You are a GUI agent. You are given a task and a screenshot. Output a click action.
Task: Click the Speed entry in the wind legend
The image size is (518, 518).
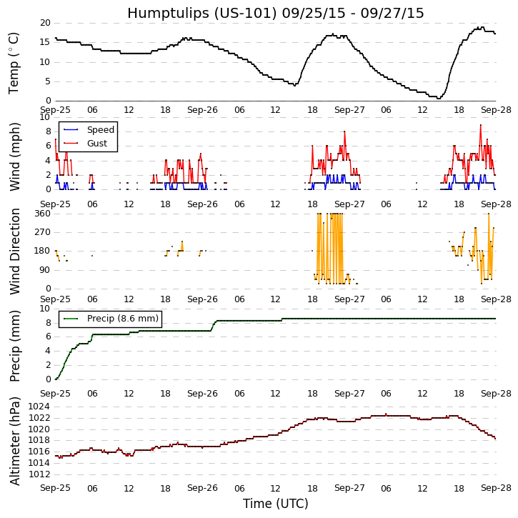[100, 130]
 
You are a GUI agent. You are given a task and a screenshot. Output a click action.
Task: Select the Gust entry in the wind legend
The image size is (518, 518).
[97, 144]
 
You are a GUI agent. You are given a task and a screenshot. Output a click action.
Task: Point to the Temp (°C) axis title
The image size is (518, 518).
[14, 62]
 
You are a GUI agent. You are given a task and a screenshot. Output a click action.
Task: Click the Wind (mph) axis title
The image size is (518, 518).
[14, 156]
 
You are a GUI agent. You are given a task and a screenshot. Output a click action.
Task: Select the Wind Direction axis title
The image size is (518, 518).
[14, 251]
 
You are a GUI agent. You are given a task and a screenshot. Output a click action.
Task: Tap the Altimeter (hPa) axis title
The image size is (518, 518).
[14, 441]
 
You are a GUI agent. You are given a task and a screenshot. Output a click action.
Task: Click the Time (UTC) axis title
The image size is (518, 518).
[275, 504]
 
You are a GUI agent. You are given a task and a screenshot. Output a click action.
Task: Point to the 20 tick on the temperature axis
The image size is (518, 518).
[44, 23]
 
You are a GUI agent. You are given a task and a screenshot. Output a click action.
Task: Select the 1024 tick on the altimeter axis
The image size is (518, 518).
[39, 407]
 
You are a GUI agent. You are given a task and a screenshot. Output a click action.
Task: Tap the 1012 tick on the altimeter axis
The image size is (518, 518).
[39, 474]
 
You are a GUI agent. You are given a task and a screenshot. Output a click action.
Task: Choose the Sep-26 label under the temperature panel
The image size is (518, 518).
[202, 109]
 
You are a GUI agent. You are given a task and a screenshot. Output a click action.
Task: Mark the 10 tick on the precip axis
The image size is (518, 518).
[44, 309]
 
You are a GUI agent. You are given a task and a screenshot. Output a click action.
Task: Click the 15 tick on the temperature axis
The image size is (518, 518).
[44, 42]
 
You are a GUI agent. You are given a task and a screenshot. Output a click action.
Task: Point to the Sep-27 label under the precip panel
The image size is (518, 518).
[349, 394]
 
